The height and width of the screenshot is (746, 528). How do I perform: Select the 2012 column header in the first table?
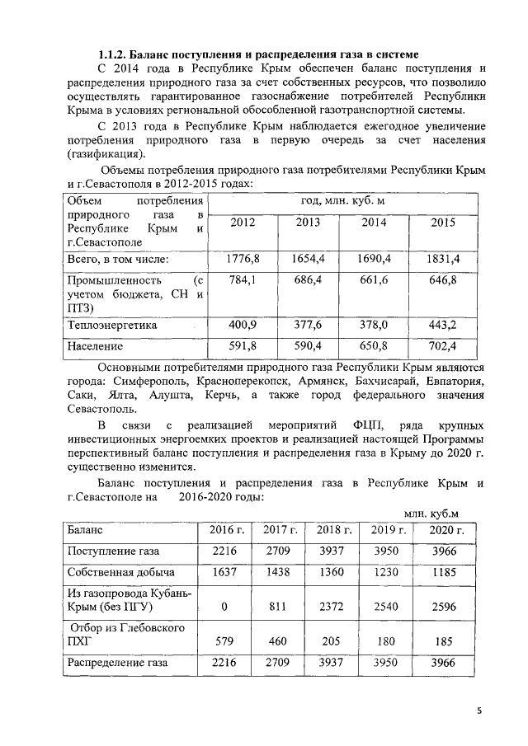click(243, 223)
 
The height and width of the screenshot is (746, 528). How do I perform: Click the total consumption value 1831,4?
click(443, 259)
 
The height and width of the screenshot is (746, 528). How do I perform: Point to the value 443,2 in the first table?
click(443, 326)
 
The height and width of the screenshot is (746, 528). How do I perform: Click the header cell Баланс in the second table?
click(87, 530)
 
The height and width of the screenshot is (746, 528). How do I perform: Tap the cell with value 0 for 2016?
click(224, 608)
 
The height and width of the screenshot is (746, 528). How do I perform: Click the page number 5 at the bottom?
click(479, 710)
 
